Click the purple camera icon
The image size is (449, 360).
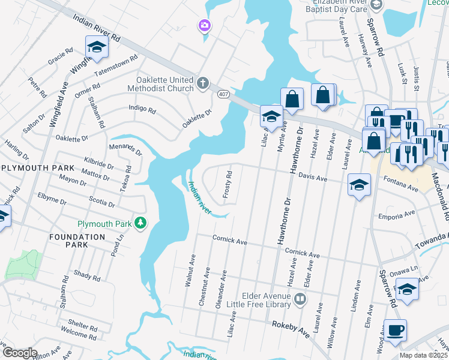click(205, 25)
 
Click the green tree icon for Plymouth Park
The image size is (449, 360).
click(140, 223)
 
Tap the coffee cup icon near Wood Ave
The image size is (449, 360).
click(396, 330)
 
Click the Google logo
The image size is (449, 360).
click(20, 353)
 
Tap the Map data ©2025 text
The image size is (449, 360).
click(423, 355)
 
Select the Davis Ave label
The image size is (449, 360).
click(313, 178)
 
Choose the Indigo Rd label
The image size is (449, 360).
click(142, 109)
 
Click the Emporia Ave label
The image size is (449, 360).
click(397, 214)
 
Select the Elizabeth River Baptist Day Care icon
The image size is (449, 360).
click(376, 5)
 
